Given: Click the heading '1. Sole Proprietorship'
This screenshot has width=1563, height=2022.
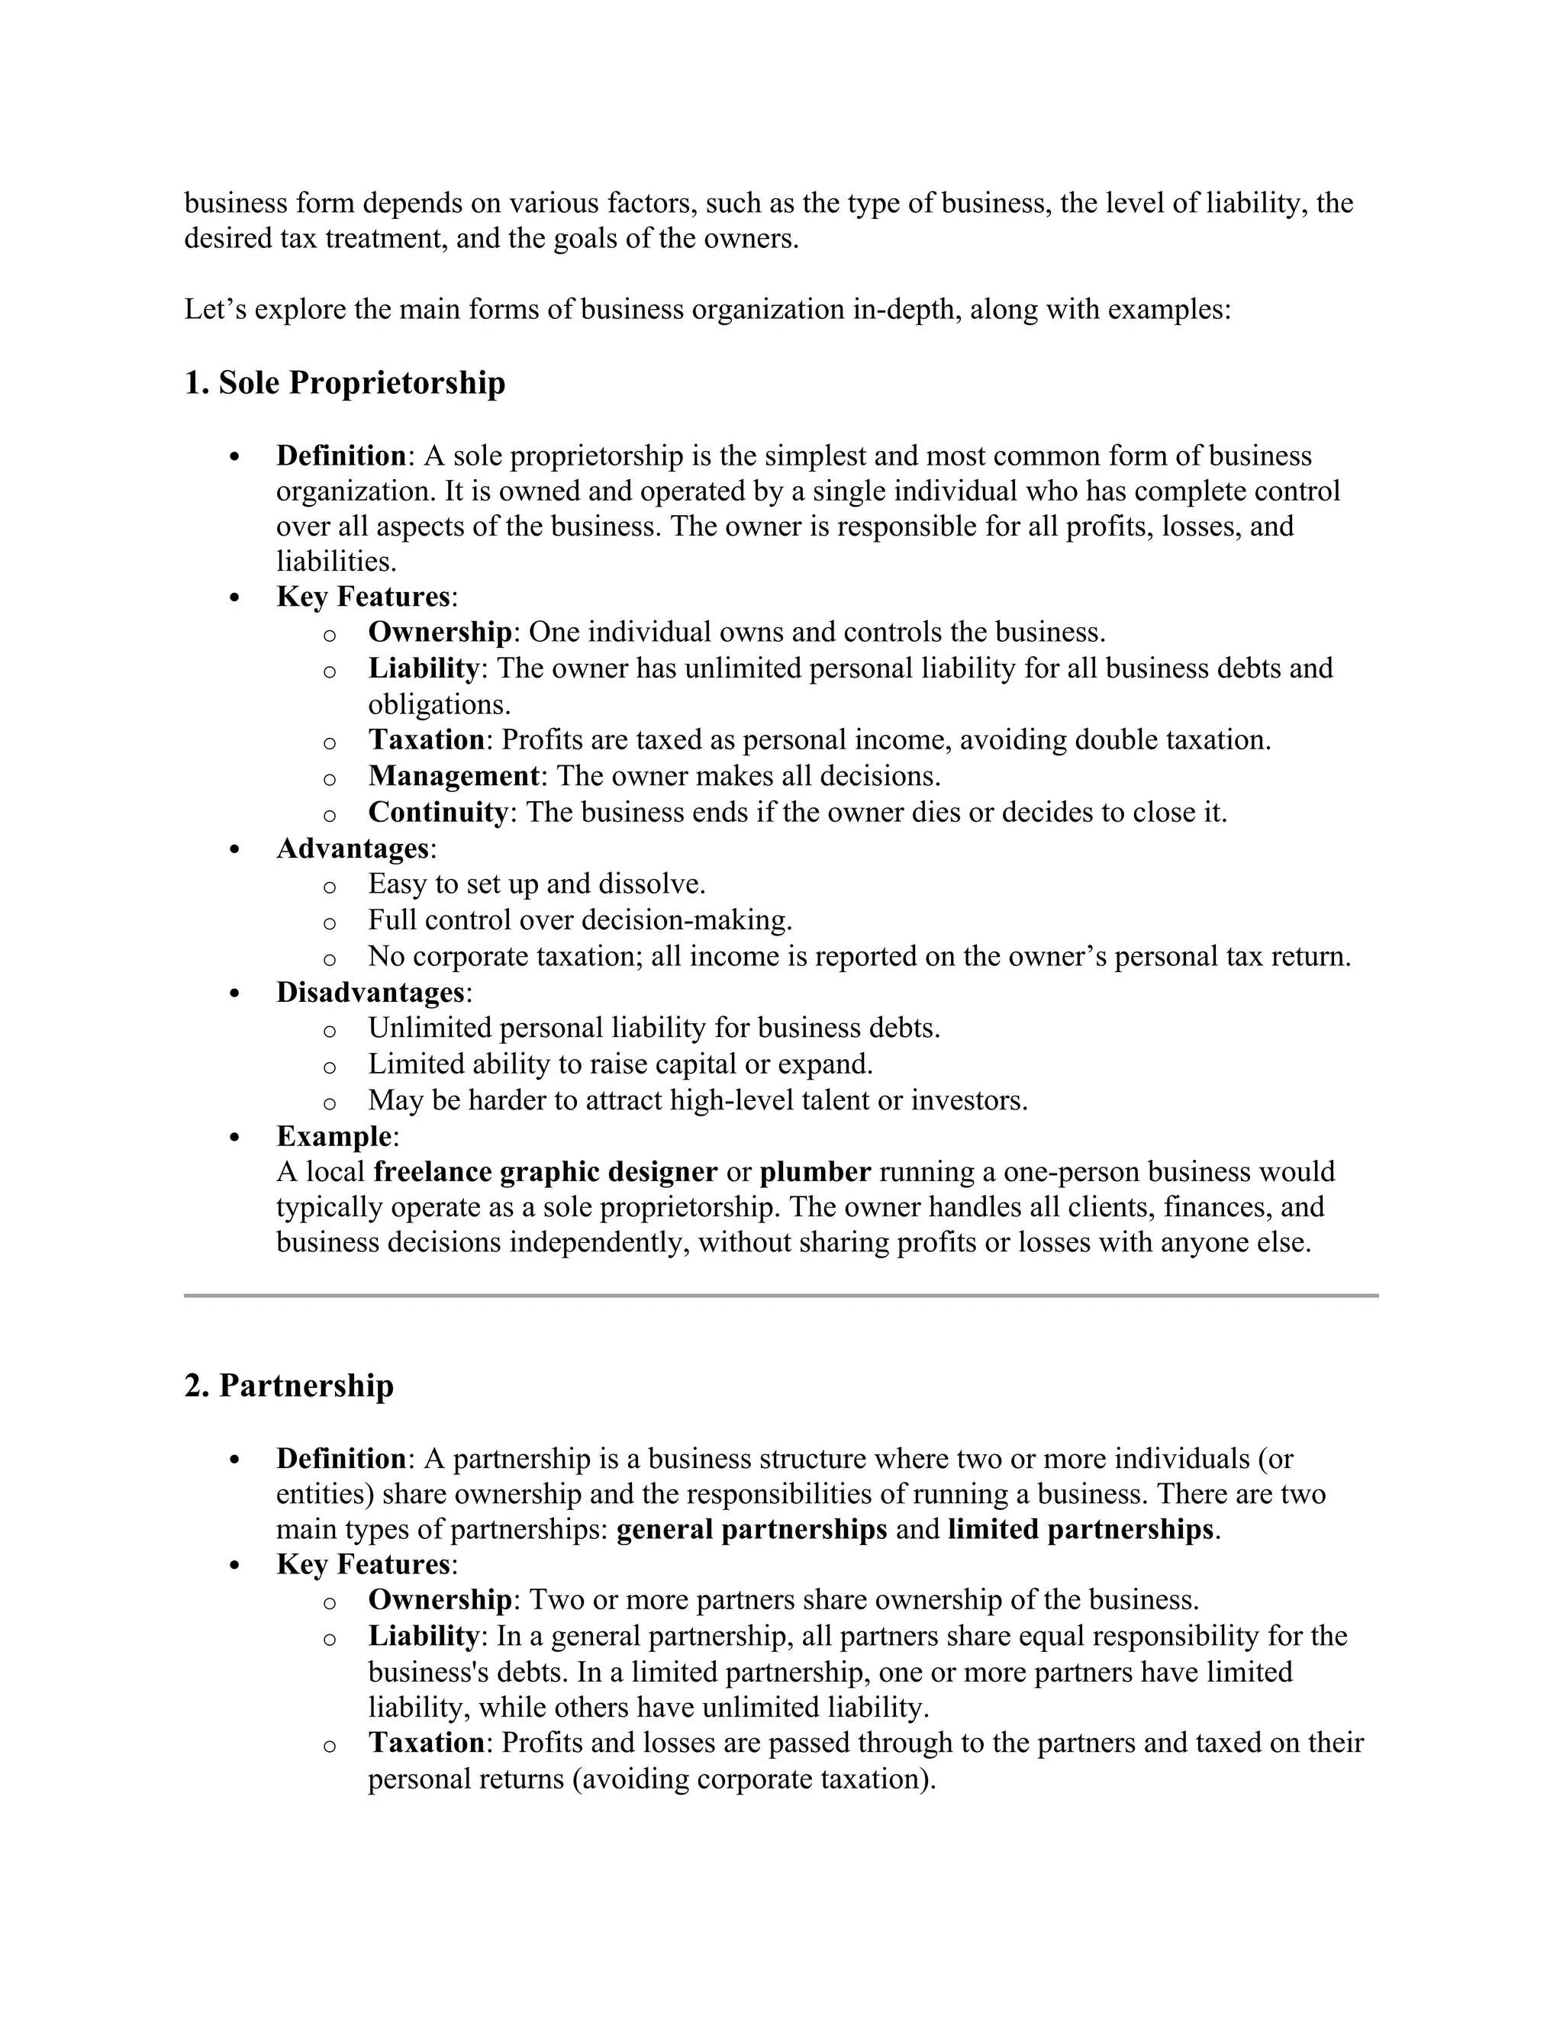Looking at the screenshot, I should (x=344, y=382).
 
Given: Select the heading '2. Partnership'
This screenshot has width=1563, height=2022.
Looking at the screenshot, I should (x=289, y=1386).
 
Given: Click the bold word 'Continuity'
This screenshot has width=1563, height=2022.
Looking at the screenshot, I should (x=438, y=812).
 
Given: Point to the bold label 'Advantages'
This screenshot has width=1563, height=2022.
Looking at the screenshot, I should (x=353, y=848).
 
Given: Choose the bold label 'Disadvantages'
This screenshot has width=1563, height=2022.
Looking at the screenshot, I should (x=370, y=993).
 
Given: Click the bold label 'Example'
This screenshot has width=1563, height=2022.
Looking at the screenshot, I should (x=334, y=1136).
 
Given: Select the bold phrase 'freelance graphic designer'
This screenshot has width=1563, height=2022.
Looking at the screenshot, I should (x=546, y=1172).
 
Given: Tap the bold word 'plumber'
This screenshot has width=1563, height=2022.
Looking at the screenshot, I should (x=815, y=1172).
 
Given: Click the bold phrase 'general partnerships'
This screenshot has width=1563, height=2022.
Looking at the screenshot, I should (x=752, y=1529).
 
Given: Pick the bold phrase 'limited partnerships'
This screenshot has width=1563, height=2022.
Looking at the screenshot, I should (x=1080, y=1529).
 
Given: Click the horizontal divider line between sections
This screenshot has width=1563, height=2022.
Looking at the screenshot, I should (x=781, y=1296).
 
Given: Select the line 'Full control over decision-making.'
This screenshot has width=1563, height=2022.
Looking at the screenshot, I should (x=580, y=920).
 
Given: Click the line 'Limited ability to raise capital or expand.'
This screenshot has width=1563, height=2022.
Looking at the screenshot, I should (x=620, y=1064).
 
